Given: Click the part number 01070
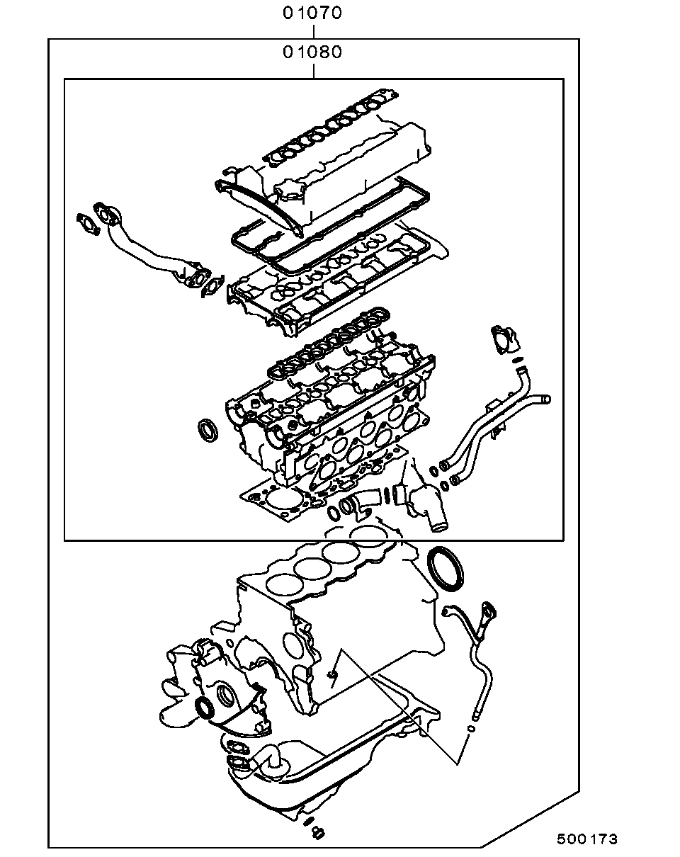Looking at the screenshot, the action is pos(312,13).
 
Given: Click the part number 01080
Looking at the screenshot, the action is pos(312,52).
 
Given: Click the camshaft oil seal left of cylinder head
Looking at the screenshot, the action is pos(208,430).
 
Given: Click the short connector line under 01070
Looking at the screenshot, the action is pos(314,32).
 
